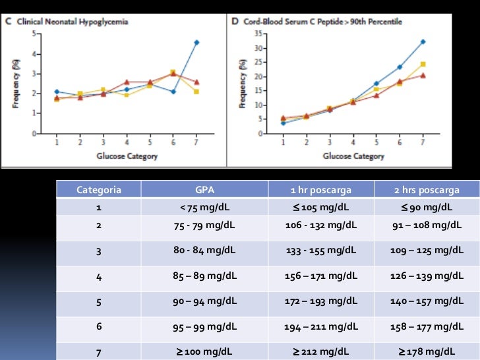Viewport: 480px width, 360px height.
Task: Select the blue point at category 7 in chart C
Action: (x=196, y=42)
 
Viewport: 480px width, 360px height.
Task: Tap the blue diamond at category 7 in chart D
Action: (x=423, y=42)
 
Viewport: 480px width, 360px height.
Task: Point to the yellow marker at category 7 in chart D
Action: (x=423, y=64)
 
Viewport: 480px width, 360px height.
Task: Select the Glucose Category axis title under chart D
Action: (x=353, y=156)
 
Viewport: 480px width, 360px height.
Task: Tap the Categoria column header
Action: (x=99, y=190)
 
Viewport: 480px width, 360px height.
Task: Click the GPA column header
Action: (x=206, y=190)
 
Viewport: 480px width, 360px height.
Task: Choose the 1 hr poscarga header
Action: (x=320, y=190)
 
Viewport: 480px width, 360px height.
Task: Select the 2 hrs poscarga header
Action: (x=426, y=190)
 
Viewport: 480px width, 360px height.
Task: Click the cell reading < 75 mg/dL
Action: (x=206, y=208)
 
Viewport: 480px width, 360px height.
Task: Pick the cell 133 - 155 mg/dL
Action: (x=320, y=251)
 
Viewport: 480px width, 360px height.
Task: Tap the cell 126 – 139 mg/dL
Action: (x=426, y=276)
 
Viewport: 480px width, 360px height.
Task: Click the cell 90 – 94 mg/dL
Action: (x=206, y=302)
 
